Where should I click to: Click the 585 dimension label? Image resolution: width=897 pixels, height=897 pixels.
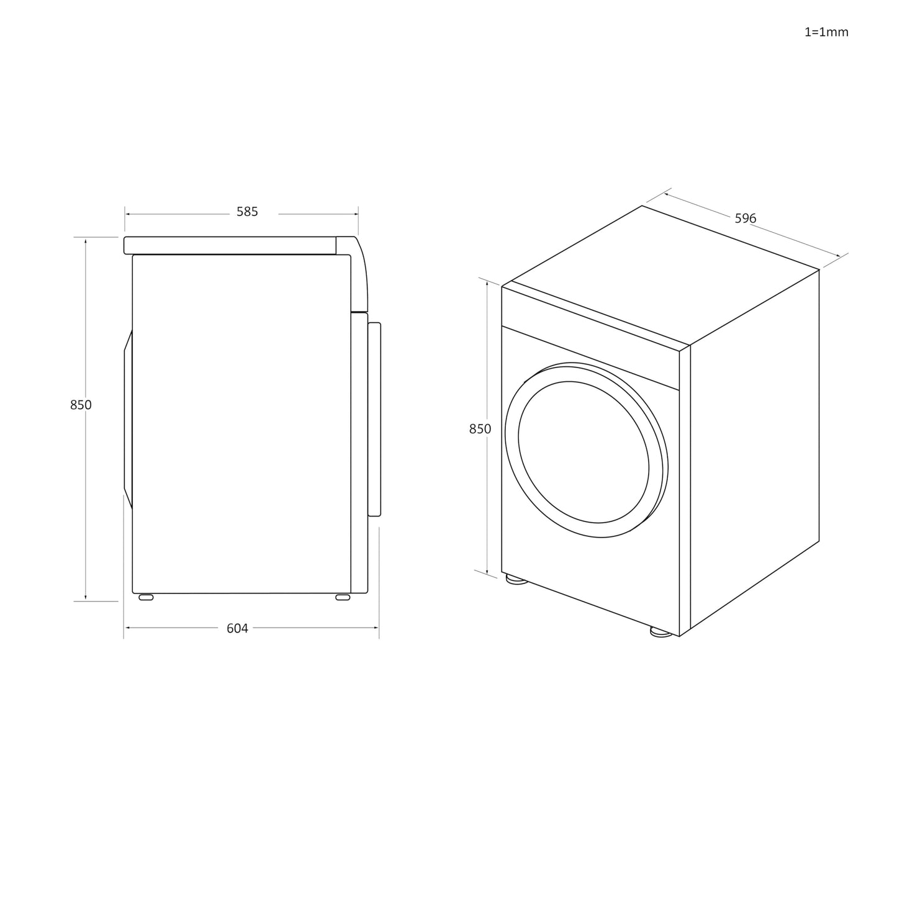point(246,212)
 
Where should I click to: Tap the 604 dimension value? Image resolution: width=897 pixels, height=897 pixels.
point(237,628)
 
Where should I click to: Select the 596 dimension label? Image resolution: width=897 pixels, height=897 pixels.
point(746,219)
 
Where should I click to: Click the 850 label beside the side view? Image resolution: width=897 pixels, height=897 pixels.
point(81,405)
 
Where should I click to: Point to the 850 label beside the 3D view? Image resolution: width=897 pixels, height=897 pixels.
point(480,429)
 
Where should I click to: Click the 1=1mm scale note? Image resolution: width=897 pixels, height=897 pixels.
point(826,32)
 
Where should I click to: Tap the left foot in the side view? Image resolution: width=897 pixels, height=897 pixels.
point(146,597)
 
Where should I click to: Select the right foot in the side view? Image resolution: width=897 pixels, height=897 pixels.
point(343,597)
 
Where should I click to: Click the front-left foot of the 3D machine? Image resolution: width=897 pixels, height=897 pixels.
point(516,579)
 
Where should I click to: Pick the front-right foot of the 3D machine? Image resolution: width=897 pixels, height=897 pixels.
point(661,632)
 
